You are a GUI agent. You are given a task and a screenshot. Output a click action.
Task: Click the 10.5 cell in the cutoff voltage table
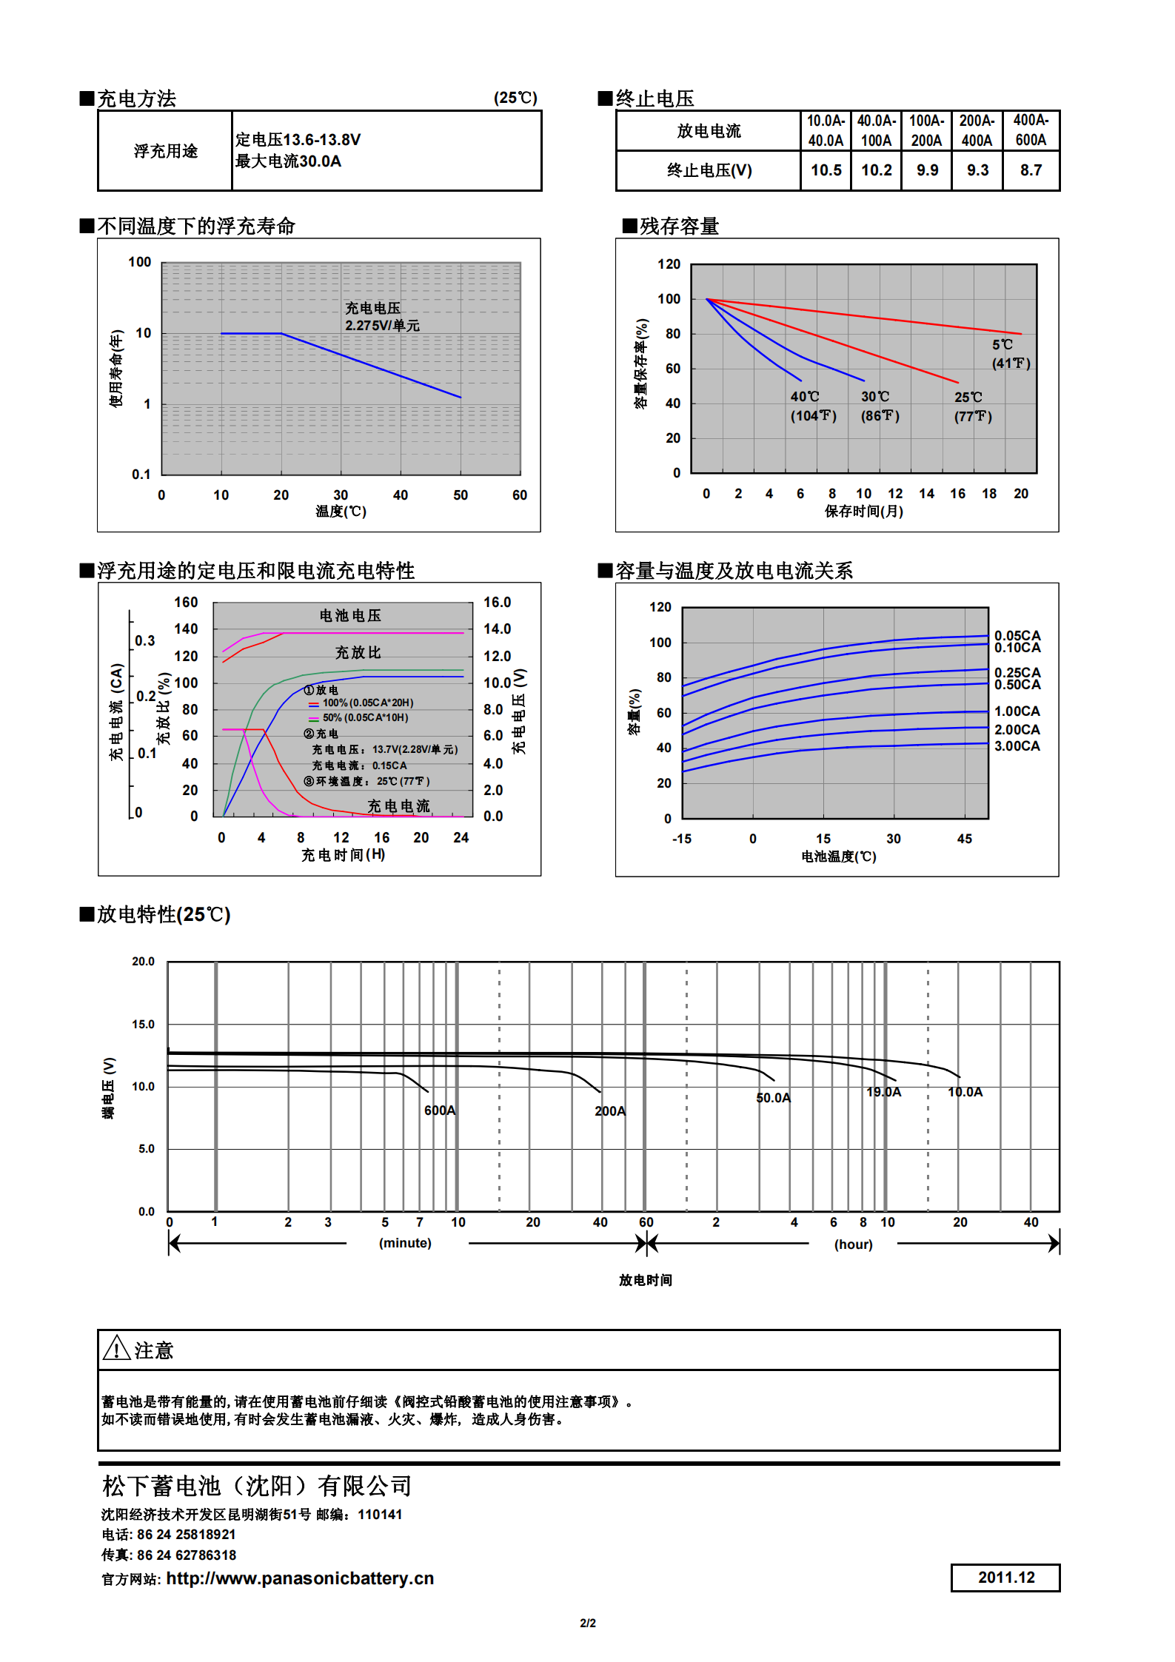point(826,170)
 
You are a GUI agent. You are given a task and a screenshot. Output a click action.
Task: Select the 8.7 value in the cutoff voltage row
point(1031,170)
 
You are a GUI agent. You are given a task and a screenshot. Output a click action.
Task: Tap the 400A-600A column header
point(1031,130)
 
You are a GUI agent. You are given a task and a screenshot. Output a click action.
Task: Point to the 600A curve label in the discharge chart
point(440,1110)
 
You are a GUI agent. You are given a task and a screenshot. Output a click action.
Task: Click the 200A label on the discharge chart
point(610,1111)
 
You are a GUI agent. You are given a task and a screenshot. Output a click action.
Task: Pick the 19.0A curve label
point(884,1092)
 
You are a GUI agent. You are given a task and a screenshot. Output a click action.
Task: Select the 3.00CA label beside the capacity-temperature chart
point(1017,746)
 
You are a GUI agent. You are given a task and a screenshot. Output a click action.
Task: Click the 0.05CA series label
point(1017,635)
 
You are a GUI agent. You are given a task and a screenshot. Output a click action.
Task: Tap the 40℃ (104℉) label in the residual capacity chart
point(813,406)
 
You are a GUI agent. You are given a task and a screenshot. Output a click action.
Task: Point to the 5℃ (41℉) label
point(1011,354)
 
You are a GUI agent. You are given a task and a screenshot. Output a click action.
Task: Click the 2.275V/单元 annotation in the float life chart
point(382,326)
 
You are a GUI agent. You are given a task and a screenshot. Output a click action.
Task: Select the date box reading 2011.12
point(1005,1578)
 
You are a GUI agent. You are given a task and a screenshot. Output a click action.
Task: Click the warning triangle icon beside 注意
point(116,1349)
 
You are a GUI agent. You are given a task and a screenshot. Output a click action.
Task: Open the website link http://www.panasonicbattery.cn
point(300,1578)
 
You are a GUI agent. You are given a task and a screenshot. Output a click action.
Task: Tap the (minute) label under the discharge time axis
point(405,1243)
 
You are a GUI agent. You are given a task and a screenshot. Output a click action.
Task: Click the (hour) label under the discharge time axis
point(853,1244)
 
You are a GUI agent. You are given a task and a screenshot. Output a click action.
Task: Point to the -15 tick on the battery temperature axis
point(681,839)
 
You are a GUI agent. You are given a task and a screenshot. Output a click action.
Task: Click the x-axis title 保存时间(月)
point(863,512)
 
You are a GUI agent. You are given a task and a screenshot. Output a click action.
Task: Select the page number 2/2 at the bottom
point(588,1623)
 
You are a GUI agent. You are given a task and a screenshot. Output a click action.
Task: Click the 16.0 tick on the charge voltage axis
point(497,603)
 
